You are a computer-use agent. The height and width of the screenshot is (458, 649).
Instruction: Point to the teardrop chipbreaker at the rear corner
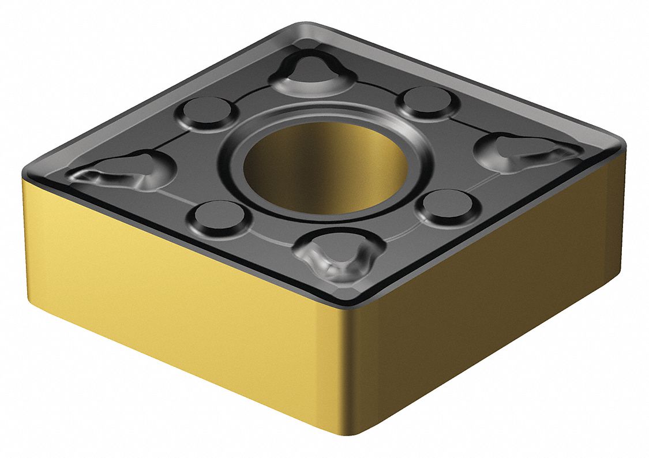(x=314, y=72)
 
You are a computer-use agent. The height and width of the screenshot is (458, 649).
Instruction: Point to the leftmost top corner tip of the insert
(x=26, y=170)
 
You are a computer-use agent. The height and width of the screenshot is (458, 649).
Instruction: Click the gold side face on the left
(x=173, y=300)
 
